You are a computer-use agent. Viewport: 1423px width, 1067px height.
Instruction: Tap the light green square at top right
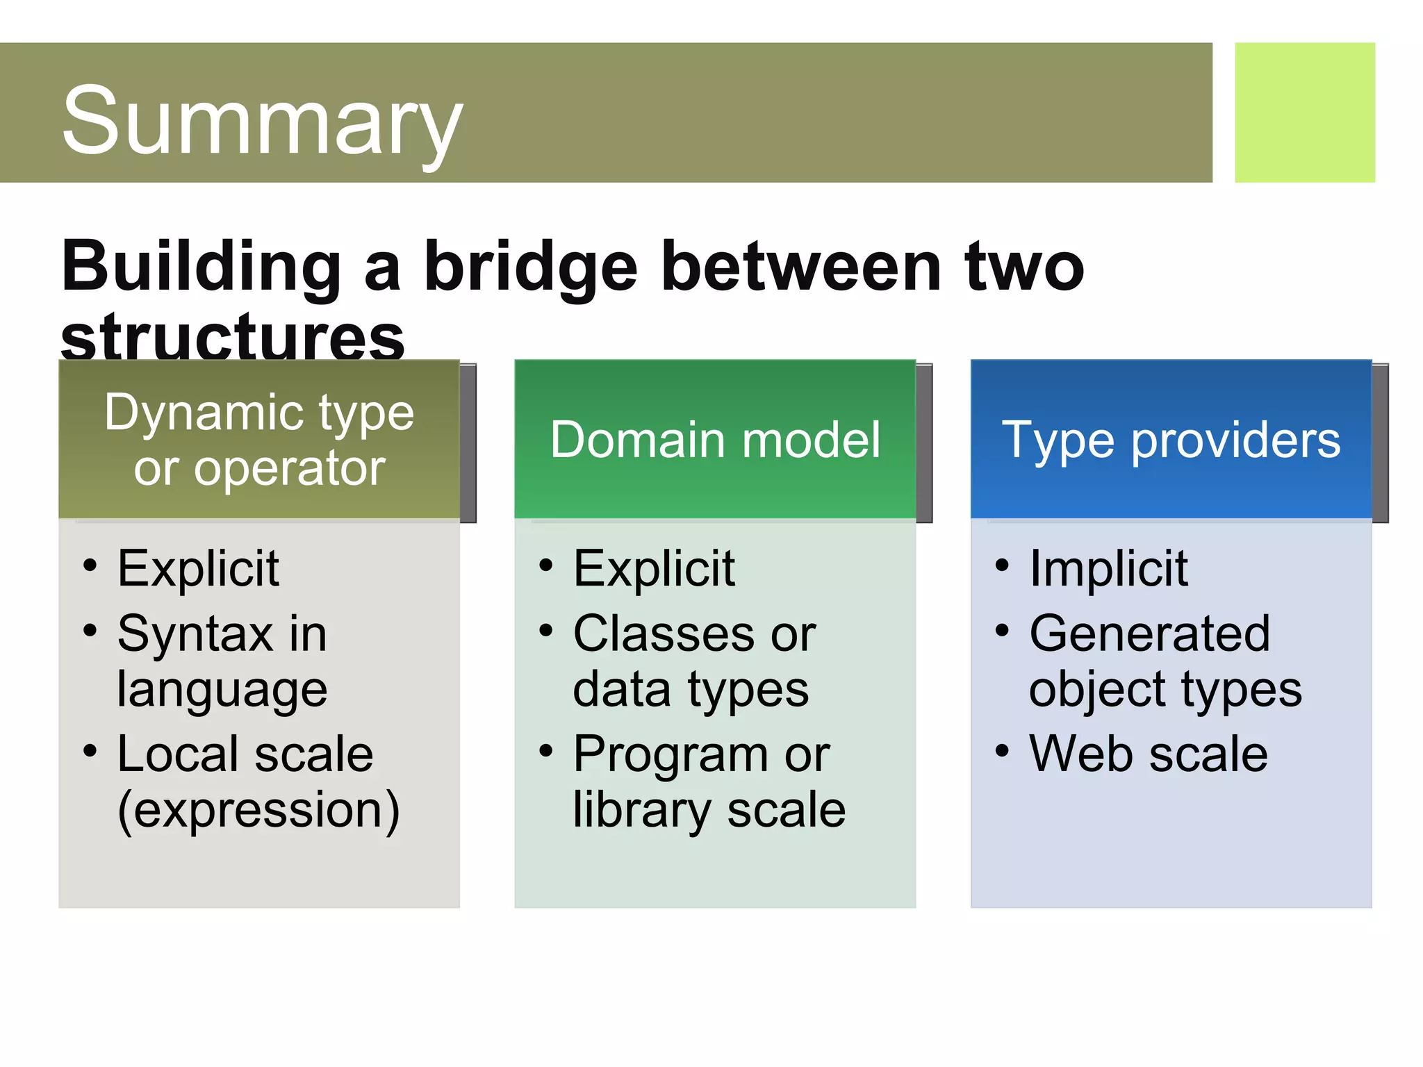[1304, 113]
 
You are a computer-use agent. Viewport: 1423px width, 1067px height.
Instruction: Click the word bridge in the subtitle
[530, 267]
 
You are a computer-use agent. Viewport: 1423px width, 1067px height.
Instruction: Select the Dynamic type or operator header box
[259, 439]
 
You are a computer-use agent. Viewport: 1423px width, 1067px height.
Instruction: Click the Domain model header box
[715, 439]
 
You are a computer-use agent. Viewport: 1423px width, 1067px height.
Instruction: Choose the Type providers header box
[1171, 439]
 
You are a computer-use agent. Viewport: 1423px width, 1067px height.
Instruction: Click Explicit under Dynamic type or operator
[198, 568]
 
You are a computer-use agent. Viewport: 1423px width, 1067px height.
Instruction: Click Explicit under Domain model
[654, 568]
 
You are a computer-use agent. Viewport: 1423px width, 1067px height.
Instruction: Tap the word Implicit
[1108, 568]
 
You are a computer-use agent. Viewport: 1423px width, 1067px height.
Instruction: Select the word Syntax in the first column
[195, 634]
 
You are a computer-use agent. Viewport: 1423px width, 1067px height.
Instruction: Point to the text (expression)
[258, 810]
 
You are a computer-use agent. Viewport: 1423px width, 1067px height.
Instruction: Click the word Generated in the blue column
[1149, 634]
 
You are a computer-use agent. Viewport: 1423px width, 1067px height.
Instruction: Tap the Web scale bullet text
[1148, 754]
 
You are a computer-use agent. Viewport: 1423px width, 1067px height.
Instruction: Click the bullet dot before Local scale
[90, 750]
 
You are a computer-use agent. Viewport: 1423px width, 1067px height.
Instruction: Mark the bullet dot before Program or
[546, 750]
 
